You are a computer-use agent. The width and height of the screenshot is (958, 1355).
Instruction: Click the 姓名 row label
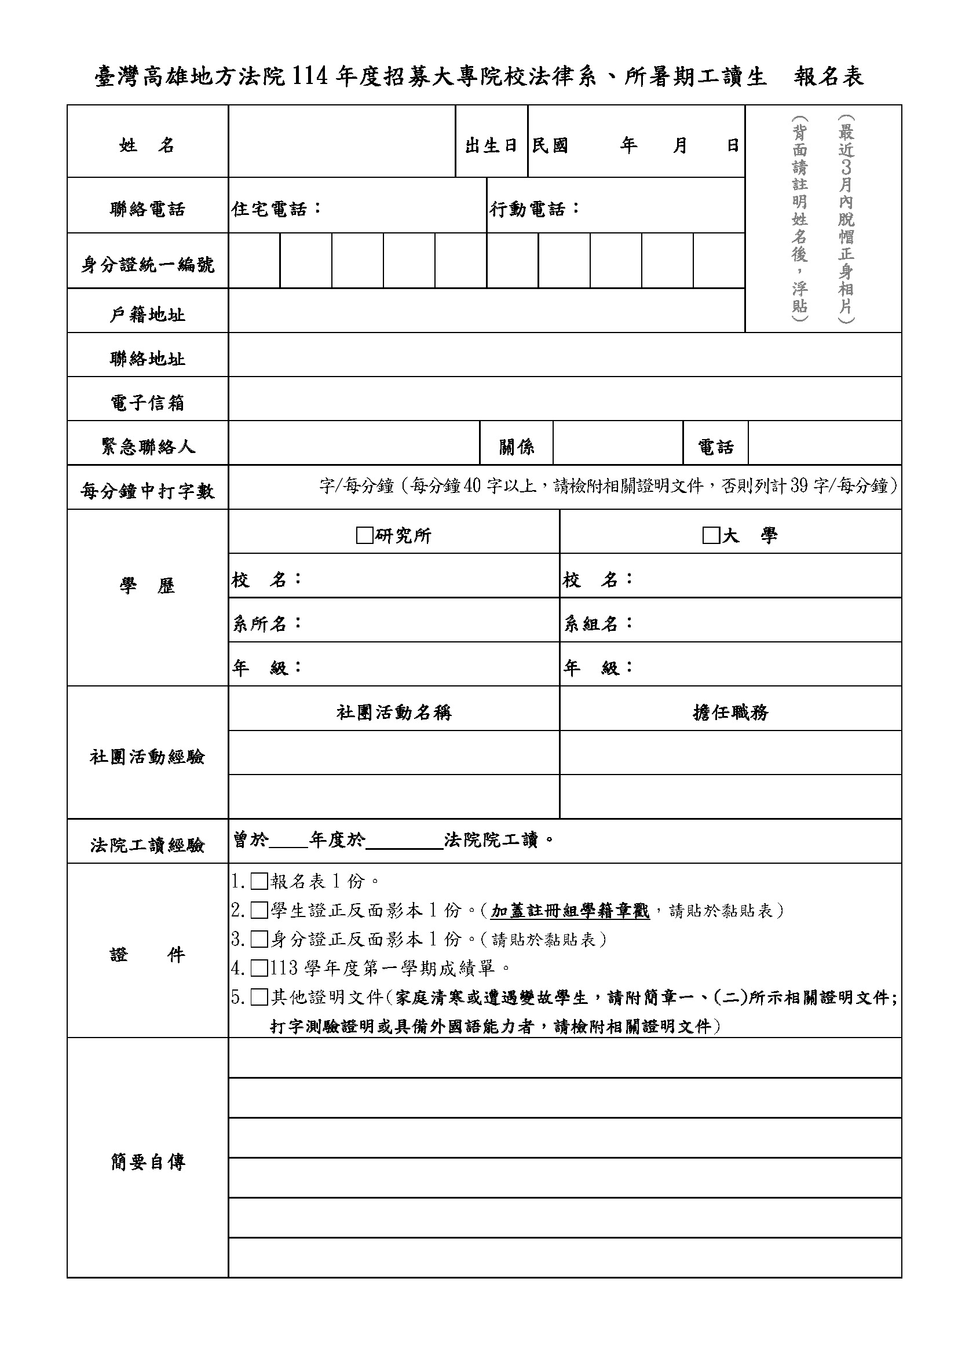pos(147,145)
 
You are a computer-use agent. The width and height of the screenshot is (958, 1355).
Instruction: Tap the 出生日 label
pos(491,145)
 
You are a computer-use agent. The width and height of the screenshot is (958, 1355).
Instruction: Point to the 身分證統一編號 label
pos(148,265)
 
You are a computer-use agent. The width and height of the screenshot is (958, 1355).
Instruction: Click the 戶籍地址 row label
pos(148,315)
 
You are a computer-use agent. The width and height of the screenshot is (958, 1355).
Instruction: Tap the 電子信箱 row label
pos(148,403)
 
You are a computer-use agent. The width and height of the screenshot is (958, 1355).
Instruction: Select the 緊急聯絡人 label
pos(148,447)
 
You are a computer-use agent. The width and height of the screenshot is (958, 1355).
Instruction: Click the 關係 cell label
pos(516,447)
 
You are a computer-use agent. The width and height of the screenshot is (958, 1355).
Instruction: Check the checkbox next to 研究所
pos(364,536)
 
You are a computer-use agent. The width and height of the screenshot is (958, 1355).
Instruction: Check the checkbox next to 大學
pos(710,536)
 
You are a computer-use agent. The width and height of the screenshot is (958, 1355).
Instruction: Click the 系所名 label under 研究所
pos(266,623)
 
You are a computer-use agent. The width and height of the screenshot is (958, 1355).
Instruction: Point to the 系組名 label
pos(597,623)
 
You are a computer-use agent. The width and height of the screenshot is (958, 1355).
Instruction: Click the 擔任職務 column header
pos(730,713)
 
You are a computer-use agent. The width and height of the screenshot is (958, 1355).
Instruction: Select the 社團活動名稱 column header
pos(393,713)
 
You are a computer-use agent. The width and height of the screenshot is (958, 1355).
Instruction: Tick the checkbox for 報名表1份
pos(259,882)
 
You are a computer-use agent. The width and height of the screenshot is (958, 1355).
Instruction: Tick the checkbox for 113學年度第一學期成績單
pos(259,969)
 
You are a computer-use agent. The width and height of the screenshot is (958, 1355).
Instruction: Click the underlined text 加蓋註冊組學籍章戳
pos(570,911)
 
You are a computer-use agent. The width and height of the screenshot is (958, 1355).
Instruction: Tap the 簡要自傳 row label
pos(148,1162)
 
